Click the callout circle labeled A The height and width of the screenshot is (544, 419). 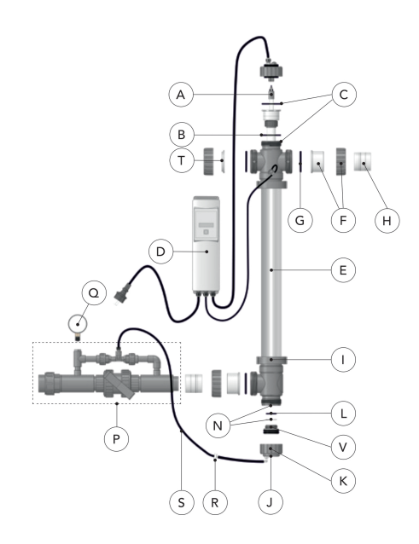(x=181, y=95)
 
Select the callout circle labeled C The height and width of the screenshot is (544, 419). (x=344, y=95)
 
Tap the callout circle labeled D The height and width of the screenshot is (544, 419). (x=160, y=252)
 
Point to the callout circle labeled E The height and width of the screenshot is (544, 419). (x=343, y=270)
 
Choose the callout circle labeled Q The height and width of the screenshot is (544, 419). (x=94, y=293)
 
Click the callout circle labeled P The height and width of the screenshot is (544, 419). (x=116, y=439)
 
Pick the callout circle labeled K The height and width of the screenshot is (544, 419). (x=343, y=481)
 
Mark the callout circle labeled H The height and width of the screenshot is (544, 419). (x=387, y=220)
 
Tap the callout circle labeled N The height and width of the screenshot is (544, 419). (x=218, y=425)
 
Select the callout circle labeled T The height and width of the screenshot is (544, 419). (x=182, y=160)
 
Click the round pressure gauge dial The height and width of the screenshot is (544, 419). (x=78, y=324)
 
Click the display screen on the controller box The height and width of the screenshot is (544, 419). (x=206, y=223)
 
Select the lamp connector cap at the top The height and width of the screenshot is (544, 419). (x=271, y=69)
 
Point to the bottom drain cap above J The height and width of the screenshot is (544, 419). (x=271, y=450)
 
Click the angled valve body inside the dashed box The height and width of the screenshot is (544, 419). (x=119, y=384)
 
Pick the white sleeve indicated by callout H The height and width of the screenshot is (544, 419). (x=363, y=162)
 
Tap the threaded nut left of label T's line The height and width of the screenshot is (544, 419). (x=208, y=161)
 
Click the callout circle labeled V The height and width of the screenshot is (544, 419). (x=343, y=447)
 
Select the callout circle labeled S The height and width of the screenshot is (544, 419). (x=182, y=502)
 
